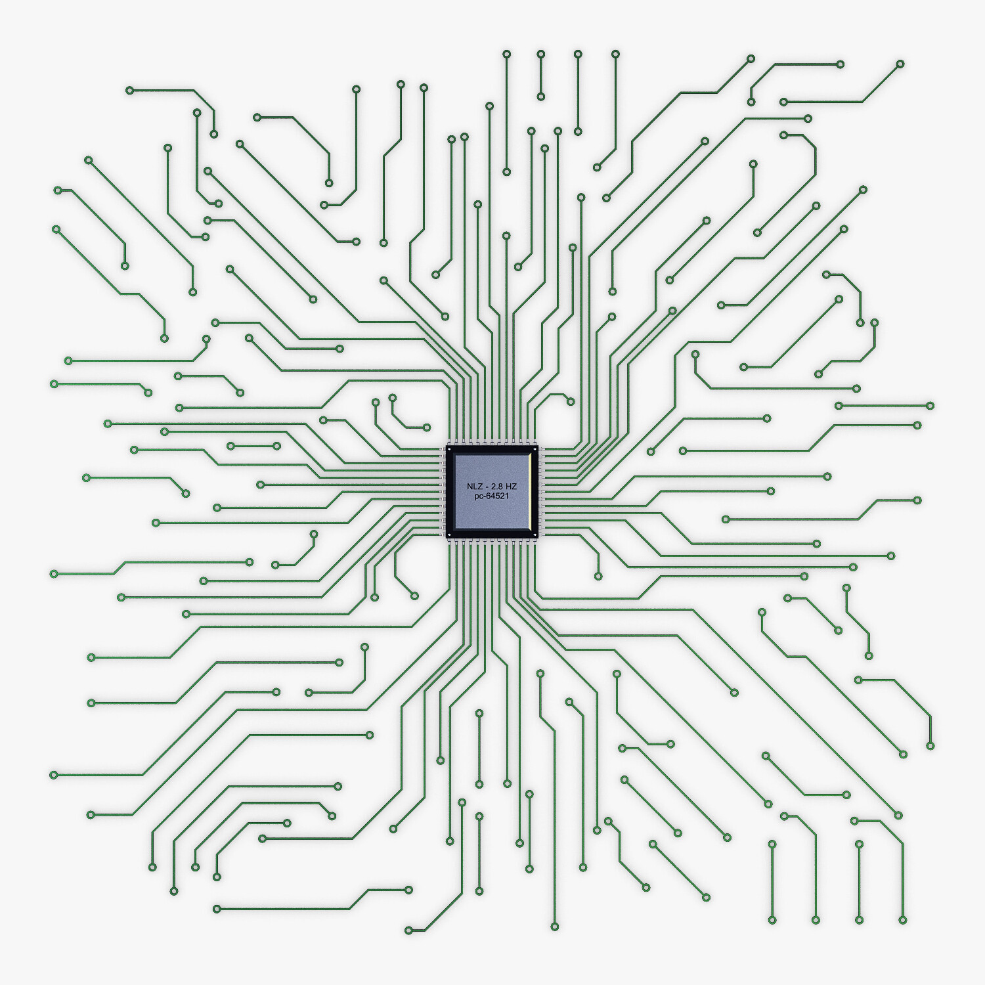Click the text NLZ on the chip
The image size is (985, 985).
(x=474, y=486)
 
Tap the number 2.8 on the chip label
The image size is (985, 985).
(x=497, y=486)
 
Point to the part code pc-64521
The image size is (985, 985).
(x=492, y=496)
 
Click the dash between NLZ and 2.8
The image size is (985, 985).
(x=486, y=486)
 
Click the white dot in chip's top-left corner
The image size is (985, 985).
(x=449, y=450)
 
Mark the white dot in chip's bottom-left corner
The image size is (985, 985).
(x=449, y=534)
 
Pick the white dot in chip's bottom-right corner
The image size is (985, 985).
(x=536, y=534)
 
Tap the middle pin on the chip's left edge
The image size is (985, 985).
(x=441, y=492)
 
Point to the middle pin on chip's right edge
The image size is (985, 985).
(x=543, y=492)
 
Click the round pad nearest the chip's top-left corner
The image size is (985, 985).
(x=427, y=427)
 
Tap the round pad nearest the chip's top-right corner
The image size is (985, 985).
(x=571, y=401)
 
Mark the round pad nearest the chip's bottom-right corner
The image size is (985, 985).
(x=598, y=577)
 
